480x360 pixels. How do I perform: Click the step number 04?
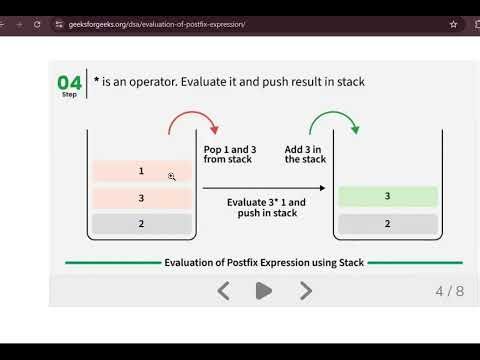[69, 81]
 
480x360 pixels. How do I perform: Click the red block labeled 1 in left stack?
[141, 171]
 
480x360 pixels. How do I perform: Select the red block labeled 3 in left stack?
[141, 198]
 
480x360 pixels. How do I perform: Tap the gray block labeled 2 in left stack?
[141, 224]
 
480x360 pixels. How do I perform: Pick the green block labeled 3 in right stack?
[387, 197]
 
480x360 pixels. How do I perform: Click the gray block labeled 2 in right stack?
[387, 224]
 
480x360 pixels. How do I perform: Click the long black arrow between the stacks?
[264, 188]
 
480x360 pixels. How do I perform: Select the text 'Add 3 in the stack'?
[305, 154]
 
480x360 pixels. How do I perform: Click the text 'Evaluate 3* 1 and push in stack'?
[266, 207]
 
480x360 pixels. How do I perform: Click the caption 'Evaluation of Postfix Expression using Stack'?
[265, 263]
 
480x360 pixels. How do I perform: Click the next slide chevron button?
[306, 291]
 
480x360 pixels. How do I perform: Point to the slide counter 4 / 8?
[449, 291]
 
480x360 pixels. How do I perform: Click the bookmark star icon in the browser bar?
[454, 23]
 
